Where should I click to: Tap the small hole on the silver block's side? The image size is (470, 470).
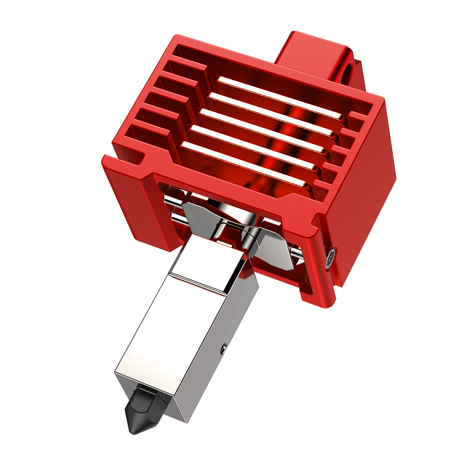tap(223, 348)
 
